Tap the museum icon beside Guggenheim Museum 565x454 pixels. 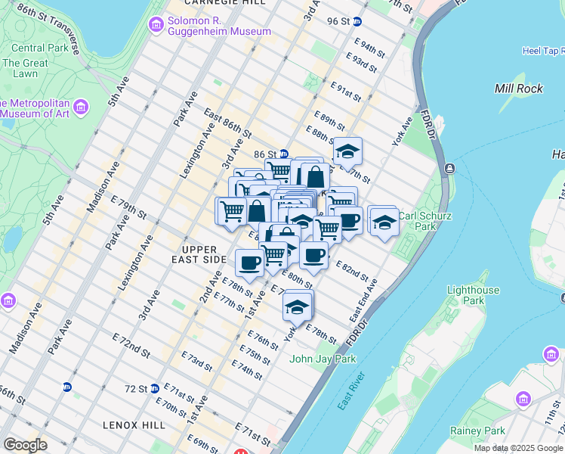pos(156,25)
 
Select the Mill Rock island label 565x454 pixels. pos(518,89)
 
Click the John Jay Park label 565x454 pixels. pos(323,359)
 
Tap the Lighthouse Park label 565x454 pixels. pos(473,295)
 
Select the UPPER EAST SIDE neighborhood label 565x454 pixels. pos(204,254)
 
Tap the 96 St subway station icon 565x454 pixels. pos(357,22)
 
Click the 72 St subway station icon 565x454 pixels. pos(155,388)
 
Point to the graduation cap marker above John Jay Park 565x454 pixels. pos(298,306)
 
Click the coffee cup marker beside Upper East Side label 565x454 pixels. pos(249,263)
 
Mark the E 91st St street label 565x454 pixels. pos(350,94)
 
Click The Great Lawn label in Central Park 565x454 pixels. pos(25,69)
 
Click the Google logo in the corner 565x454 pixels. pos(26,445)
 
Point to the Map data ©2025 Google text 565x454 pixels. pos(518,448)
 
